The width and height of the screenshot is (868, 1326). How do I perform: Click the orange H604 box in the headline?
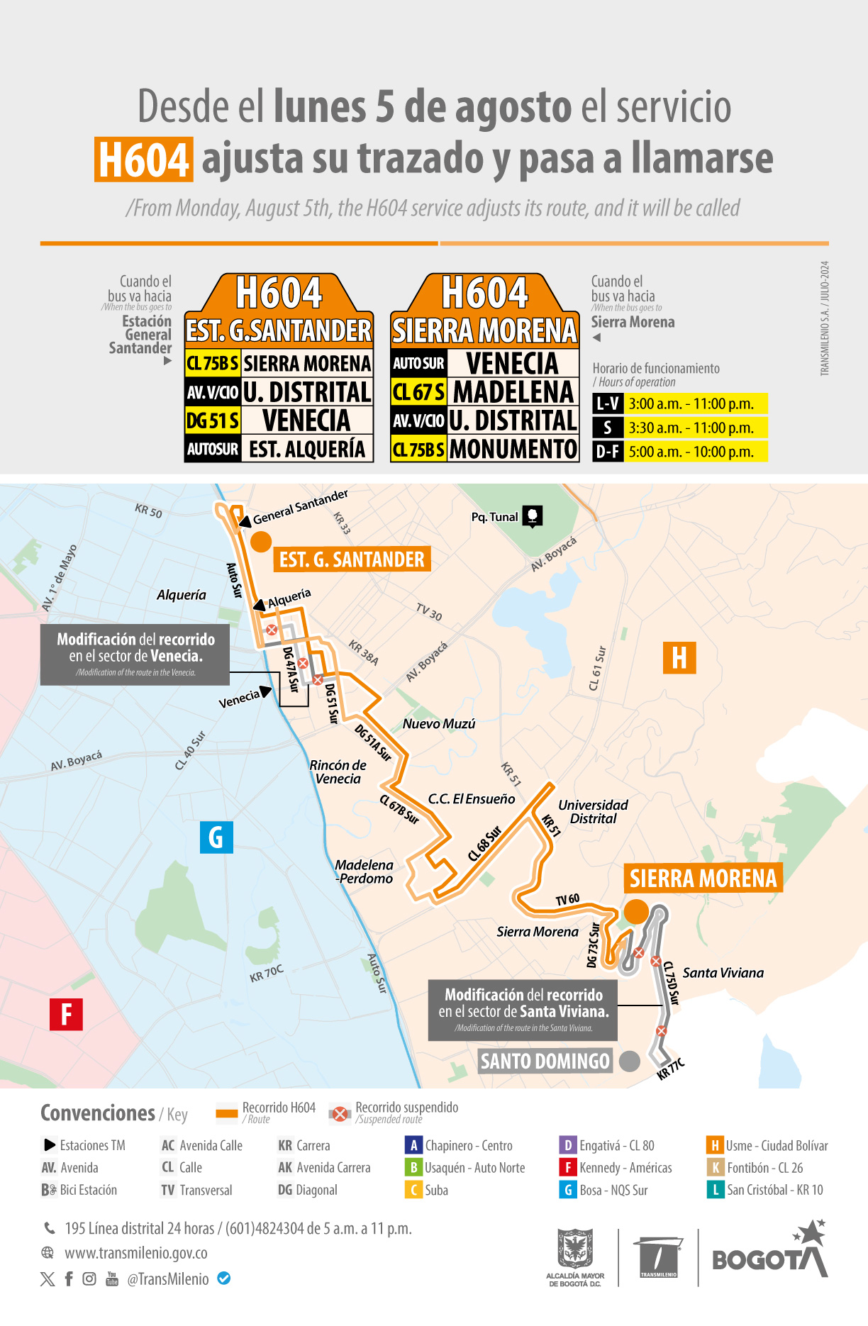144,160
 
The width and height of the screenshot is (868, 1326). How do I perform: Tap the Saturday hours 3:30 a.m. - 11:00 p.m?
691,428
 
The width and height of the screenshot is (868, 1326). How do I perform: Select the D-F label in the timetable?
608,452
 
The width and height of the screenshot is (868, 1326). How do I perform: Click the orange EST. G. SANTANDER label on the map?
352,559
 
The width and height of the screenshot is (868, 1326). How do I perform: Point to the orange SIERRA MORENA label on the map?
703,878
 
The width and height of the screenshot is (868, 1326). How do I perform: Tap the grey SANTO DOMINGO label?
545,1061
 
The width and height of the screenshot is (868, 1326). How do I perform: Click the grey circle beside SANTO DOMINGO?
630,1061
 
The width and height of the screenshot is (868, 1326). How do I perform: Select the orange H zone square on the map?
679,657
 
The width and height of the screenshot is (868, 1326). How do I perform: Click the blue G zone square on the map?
216,837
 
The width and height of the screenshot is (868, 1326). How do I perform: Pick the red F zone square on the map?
66,1014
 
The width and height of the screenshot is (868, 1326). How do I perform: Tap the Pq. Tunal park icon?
533,516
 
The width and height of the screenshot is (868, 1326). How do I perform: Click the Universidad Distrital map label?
593,811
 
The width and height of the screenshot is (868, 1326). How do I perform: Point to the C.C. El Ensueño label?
472,798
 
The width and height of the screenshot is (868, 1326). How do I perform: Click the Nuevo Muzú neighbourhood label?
439,723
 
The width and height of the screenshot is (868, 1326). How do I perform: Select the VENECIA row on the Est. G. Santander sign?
306,420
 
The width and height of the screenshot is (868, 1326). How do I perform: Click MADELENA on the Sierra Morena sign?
513,392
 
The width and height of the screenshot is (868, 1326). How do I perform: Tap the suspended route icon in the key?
340,1113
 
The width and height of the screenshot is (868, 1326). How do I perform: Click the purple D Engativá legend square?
567,1145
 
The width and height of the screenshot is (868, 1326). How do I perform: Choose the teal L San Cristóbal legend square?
715,1190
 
